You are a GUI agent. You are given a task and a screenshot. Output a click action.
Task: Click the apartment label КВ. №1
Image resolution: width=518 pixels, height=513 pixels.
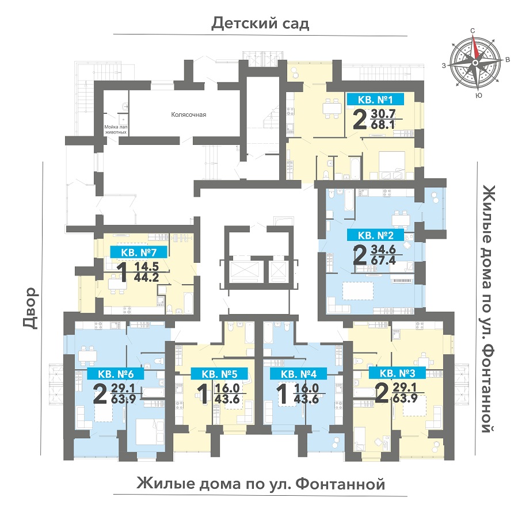(375, 99)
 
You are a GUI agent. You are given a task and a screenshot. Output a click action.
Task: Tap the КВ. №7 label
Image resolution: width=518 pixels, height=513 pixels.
(139, 252)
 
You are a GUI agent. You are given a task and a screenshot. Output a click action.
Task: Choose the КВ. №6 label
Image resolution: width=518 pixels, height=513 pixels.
(116, 374)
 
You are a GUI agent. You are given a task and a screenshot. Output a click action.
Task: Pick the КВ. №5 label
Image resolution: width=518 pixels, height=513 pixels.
(220, 374)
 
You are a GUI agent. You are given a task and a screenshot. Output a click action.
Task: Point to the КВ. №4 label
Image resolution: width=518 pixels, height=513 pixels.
(299, 374)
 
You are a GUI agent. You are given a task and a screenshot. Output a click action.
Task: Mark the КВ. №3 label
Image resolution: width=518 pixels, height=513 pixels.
(397, 373)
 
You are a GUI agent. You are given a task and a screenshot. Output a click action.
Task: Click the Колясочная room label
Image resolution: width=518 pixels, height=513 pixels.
(189, 114)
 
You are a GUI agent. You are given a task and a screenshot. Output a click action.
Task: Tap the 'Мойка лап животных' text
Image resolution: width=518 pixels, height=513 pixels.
(116, 129)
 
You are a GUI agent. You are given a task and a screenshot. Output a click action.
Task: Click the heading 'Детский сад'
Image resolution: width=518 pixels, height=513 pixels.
(260, 24)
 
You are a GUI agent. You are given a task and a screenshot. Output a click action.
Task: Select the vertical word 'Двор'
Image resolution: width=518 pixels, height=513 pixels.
(31, 308)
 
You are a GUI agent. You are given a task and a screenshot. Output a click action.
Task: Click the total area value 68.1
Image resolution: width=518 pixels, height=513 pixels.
(383, 125)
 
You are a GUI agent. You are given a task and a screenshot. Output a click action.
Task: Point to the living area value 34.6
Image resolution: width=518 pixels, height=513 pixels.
(383, 249)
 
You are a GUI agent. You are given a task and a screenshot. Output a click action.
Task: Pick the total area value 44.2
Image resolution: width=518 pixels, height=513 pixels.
(146, 278)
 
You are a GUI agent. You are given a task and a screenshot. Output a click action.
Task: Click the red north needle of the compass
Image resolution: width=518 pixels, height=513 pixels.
(474, 47)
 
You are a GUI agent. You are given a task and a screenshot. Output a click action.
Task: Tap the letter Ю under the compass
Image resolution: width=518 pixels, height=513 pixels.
(478, 95)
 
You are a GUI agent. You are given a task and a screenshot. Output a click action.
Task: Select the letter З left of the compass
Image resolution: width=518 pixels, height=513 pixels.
(444, 66)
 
